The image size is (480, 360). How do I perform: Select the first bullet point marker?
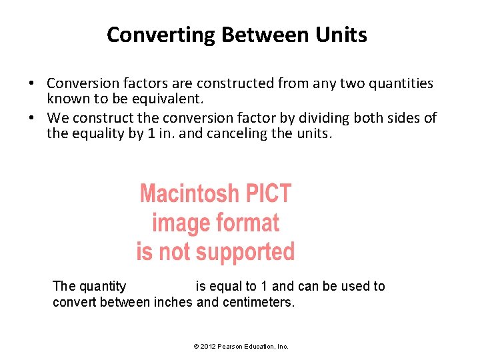[x=31, y=84]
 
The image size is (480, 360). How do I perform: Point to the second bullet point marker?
[x=31, y=119]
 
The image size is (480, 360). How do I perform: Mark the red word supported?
[x=246, y=252]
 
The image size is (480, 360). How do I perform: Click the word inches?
[x=175, y=302]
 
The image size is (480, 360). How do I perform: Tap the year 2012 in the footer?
[x=207, y=347]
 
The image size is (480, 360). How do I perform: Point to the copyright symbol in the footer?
[x=195, y=347]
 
